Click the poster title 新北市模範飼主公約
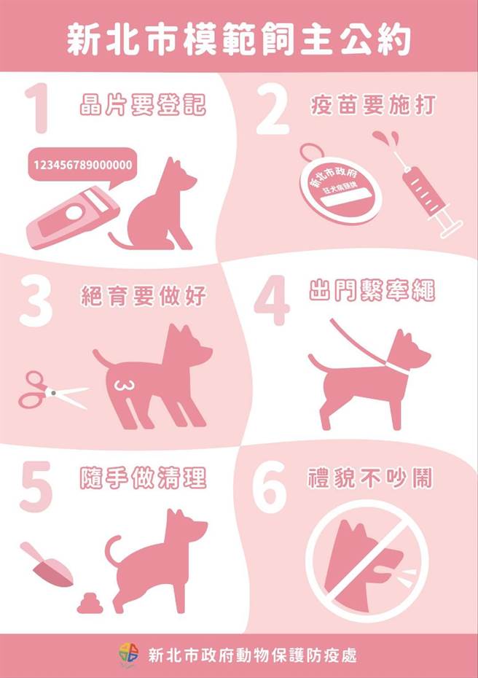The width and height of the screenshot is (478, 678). click(238, 38)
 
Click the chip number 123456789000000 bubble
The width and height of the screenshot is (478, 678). click(82, 165)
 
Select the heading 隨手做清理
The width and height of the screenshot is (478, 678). click(143, 479)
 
